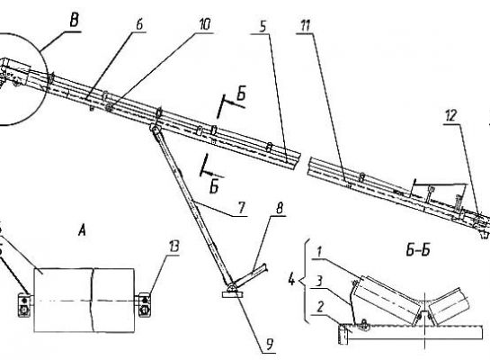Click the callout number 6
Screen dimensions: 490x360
point(139,24)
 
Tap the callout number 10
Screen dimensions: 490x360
point(205,24)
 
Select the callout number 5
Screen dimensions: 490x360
point(263,27)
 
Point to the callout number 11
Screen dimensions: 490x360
point(305,26)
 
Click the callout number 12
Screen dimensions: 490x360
point(451,116)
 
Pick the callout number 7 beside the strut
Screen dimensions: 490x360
point(242,208)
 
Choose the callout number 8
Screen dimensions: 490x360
point(280,208)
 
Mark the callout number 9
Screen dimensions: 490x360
point(269,345)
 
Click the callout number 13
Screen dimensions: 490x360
point(174,247)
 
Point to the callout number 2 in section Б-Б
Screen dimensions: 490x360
point(320,307)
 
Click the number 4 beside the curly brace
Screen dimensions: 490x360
point(291,280)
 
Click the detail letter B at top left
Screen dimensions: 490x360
point(75,22)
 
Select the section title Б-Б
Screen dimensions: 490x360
point(418,250)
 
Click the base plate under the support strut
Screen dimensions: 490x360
point(233,294)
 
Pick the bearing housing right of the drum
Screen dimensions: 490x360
point(145,304)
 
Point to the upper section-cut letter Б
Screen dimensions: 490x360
point(241,94)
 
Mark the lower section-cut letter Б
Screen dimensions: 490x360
point(214,187)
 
